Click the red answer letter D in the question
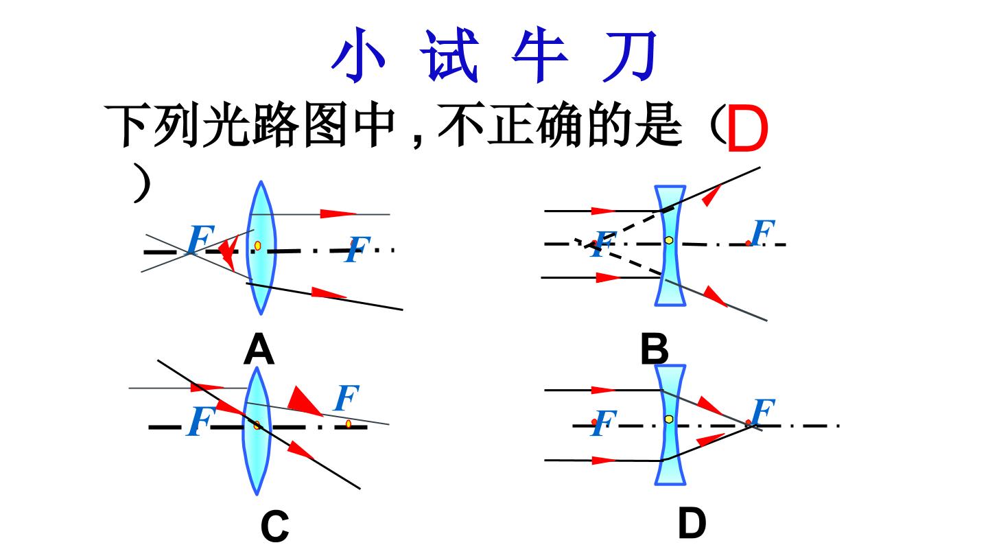[x=747, y=128]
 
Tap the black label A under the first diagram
[x=259, y=349]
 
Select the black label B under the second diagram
[x=655, y=349]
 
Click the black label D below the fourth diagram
[x=692, y=523]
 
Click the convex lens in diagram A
[x=261, y=248]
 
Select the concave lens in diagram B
[x=670, y=245]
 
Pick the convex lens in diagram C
[x=257, y=430]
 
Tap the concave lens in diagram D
[x=670, y=424]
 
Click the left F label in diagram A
[x=200, y=239]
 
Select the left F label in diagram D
[x=603, y=422]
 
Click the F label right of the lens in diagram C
[x=346, y=397]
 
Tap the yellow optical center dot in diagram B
[x=669, y=240]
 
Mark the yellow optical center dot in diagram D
[x=669, y=419]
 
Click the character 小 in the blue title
[x=359, y=55]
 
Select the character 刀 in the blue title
[x=630, y=56]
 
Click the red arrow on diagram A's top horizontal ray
[x=338, y=214]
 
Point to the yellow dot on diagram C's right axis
[x=349, y=424]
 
